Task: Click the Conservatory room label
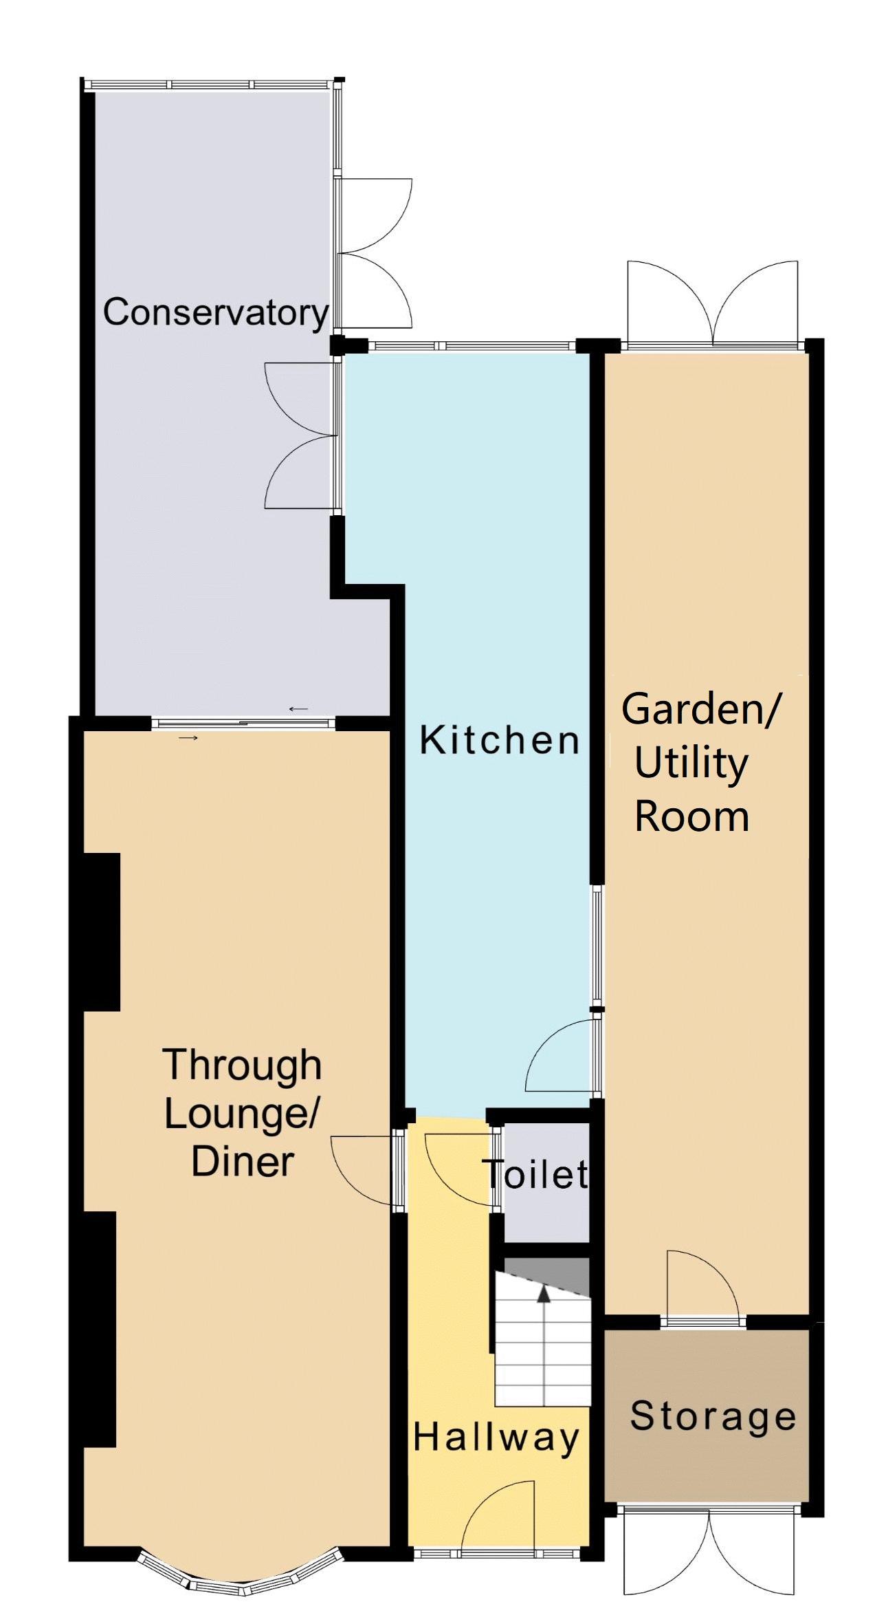click(216, 313)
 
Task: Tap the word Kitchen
click(500, 741)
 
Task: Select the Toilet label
click(535, 1174)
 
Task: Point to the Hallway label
click(496, 1439)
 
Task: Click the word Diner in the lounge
click(242, 1162)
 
